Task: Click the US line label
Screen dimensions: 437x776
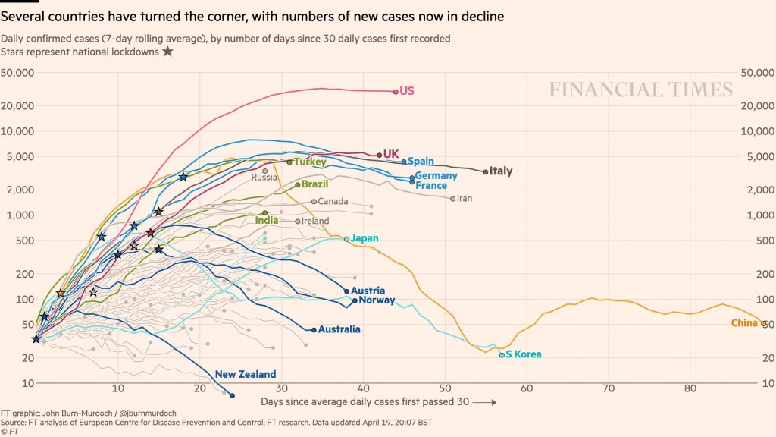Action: point(407,91)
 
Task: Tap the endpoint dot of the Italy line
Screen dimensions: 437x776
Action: point(486,172)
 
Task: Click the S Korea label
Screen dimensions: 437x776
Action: point(524,354)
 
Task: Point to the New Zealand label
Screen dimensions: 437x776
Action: point(246,374)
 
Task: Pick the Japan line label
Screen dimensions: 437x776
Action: point(365,238)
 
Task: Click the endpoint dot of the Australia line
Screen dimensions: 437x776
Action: point(314,330)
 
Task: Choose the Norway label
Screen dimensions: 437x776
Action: point(377,300)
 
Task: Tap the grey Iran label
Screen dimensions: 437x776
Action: point(465,199)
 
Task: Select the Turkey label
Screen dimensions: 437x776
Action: point(310,162)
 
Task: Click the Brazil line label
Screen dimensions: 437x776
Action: point(314,184)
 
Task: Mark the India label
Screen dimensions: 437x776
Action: point(267,220)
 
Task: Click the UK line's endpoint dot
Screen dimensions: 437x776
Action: point(380,155)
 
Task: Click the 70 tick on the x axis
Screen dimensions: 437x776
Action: point(608,388)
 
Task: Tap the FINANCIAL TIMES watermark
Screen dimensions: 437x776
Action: point(640,90)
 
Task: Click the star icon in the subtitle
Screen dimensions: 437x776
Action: point(167,52)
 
